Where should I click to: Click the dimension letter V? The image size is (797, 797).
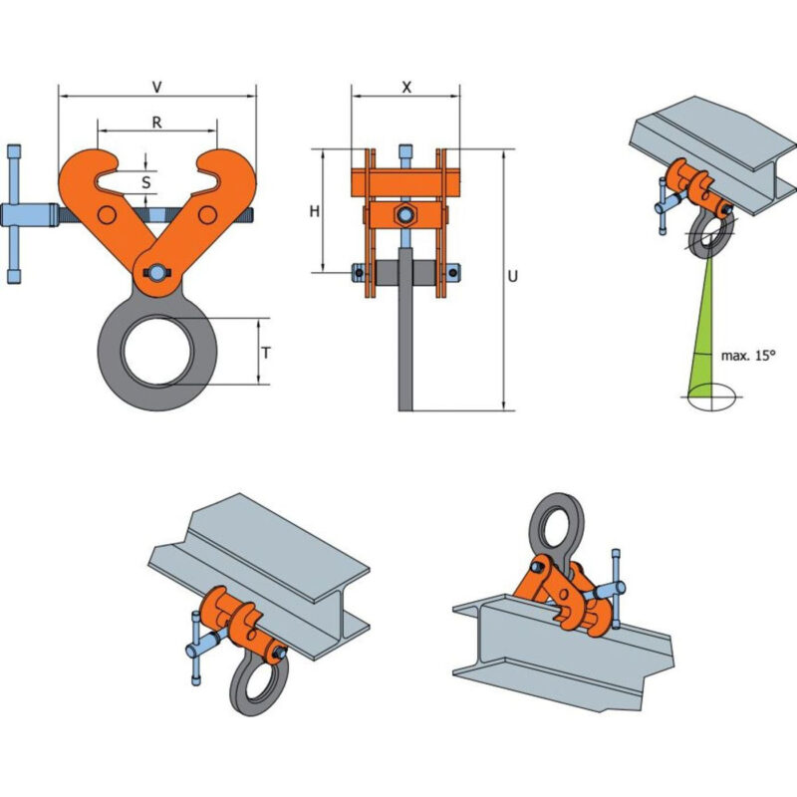click(157, 87)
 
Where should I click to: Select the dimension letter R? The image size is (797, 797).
click(157, 122)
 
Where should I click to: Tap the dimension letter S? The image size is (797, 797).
click(145, 182)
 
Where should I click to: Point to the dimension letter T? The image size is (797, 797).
click(266, 353)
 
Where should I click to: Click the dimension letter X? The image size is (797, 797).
click(406, 88)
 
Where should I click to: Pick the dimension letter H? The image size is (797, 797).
click(315, 211)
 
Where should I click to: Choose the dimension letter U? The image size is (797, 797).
click(512, 276)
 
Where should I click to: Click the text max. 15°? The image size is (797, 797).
click(748, 356)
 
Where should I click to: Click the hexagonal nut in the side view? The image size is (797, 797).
click(405, 215)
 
